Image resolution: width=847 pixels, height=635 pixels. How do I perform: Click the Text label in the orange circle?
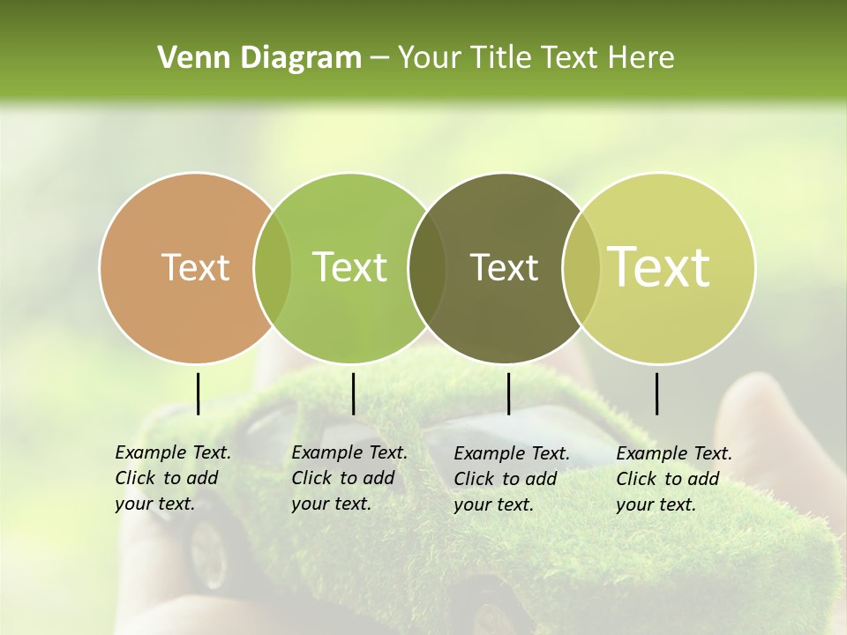(x=195, y=267)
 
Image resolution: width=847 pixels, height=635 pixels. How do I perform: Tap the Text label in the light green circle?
(x=350, y=267)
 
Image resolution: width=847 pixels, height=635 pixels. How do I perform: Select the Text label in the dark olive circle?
(x=504, y=267)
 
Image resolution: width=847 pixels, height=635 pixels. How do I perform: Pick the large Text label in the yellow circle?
(x=659, y=267)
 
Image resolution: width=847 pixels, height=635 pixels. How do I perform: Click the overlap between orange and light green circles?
(x=272, y=268)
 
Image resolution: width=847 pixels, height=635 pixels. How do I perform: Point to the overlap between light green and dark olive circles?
(x=427, y=268)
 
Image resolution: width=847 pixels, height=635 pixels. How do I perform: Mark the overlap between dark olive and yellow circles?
(x=580, y=268)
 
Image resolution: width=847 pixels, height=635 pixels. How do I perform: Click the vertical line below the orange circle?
(x=198, y=393)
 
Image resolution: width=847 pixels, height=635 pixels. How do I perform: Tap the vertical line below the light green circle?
(x=353, y=393)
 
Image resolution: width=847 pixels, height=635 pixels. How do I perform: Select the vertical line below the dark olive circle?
(x=508, y=393)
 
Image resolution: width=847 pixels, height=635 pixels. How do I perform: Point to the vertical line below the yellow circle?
(x=656, y=393)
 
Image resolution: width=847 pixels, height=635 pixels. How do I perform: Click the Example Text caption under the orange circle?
(x=172, y=478)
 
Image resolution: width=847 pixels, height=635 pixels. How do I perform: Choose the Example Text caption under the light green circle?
(x=349, y=478)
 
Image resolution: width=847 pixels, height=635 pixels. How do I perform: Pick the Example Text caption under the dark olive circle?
(x=511, y=479)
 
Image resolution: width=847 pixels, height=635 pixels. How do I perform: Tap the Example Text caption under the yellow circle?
(x=673, y=479)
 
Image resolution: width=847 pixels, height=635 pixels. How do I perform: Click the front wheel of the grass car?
(x=210, y=555)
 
